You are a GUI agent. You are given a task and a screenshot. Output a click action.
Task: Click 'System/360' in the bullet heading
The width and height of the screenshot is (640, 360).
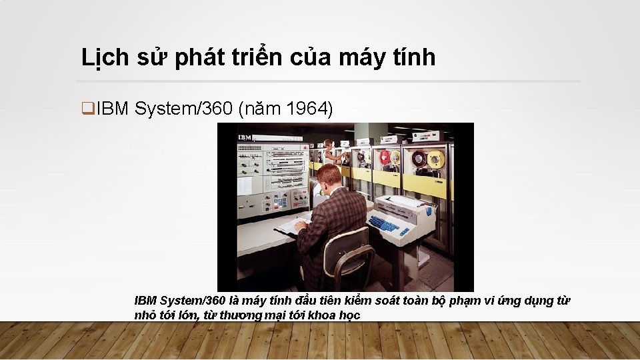coord(183,109)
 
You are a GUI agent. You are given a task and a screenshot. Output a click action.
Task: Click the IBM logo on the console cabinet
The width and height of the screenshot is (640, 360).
coord(245,137)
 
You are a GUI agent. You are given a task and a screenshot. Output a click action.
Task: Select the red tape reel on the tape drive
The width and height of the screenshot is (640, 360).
coord(384,157)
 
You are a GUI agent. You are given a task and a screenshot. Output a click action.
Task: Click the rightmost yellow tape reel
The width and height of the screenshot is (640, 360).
coord(436,159)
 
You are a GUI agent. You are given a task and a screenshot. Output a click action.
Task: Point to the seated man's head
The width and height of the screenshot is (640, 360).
coord(328,177)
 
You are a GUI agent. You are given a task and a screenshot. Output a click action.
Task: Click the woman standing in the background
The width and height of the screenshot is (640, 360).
coord(328,153)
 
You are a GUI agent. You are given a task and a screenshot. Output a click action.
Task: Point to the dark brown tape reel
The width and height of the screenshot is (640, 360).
coord(418,159)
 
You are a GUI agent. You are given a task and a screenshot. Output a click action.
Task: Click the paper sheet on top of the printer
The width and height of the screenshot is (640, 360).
coord(404,200)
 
